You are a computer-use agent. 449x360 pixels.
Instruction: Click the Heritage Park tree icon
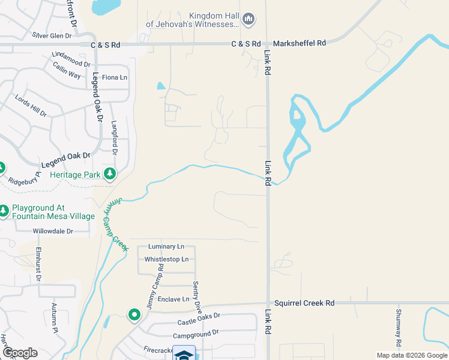pyautogui.click(x=110, y=174)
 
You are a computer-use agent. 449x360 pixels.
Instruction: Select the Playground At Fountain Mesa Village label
pyautogui.click(x=53, y=212)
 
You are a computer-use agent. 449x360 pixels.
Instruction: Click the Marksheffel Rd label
pyautogui.click(x=299, y=43)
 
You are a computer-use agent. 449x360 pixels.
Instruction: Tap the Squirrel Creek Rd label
pyautogui.click(x=304, y=304)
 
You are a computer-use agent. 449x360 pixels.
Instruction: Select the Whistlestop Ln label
pyautogui.click(x=167, y=259)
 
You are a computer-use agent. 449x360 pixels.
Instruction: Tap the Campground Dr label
pyautogui.click(x=197, y=335)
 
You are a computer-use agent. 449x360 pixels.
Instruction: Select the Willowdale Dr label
pyautogui.click(x=53, y=231)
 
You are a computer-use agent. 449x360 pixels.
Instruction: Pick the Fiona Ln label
pyautogui.click(x=115, y=77)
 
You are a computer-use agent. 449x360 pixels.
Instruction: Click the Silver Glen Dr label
pyautogui.click(x=52, y=35)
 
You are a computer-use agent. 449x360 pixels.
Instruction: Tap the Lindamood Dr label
pyautogui.click(x=71, y=59)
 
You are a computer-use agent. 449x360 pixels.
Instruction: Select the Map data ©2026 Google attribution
pyautogui.click(x=411, y=355)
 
